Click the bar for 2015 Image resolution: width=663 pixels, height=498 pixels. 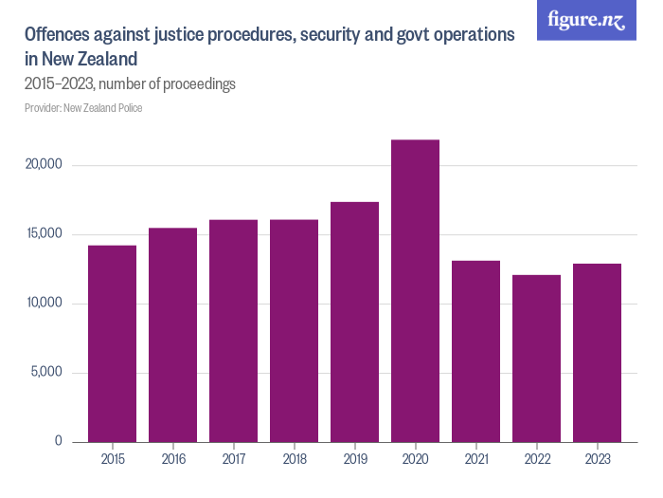112,343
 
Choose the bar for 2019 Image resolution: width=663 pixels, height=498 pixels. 354,322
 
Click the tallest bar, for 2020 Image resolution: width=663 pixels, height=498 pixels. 415,290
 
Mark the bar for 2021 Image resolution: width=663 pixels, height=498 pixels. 475,351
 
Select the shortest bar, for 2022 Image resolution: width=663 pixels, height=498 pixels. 536,359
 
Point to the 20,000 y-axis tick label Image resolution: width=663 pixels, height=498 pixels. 43,165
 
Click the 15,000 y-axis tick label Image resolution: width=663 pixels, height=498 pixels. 43,234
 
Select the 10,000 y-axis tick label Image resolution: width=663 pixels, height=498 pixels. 43,304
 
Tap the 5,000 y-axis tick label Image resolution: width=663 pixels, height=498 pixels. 45,372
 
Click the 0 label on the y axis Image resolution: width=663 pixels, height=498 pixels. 58,441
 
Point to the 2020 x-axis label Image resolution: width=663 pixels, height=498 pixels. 415,459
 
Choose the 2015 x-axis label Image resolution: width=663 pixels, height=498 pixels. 112,459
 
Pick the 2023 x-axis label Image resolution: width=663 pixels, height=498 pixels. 597,459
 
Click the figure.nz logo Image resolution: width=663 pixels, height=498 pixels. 586,20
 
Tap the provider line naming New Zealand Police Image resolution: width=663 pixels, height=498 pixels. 83,108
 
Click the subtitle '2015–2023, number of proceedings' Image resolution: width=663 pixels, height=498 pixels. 130,84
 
